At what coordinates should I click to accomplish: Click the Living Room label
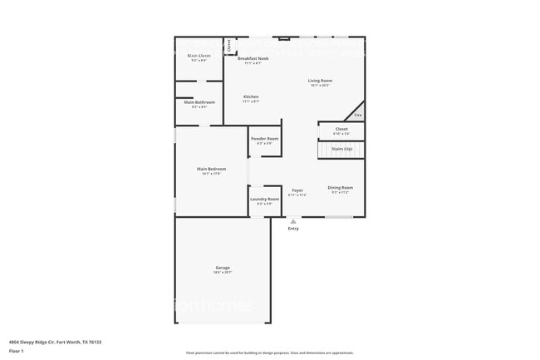pos(320,81)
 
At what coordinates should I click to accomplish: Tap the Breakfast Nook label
pos(253,58)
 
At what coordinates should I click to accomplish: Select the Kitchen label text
pos(251,96)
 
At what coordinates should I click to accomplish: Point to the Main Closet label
pos(199,56)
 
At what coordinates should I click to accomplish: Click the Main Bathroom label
pos(199,102)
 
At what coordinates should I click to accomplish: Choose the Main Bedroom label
pos(211,169)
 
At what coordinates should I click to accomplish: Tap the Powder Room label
pos(265,138)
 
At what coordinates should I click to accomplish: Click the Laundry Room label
pos(265,199)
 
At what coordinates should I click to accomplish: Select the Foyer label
pos(297,190)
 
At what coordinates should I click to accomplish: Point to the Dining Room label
pos(340,187)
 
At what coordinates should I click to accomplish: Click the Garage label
pos(222,267)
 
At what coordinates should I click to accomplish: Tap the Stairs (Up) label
pos(341,148)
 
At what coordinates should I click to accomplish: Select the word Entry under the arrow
pos(293,229)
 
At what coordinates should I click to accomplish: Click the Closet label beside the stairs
pos(341,129)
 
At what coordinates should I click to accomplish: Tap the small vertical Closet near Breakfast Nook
pos(229,46)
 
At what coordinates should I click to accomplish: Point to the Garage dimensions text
pos(222,272)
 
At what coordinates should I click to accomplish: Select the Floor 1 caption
pos(17,351)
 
